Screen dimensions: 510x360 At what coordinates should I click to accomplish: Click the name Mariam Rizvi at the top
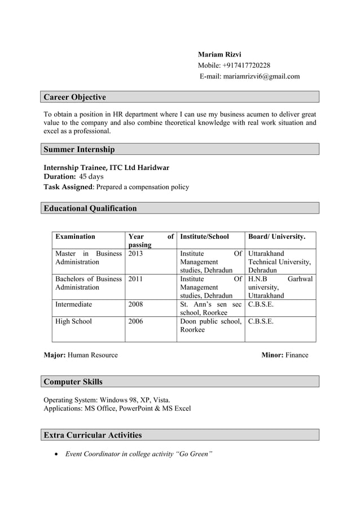(x=219, y=55)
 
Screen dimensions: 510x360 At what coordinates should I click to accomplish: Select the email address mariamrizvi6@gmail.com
(x=261, y=76)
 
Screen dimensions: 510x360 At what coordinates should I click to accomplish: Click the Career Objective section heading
(x=75, y=97)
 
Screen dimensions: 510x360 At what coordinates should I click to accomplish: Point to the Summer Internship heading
(x=80, y=149)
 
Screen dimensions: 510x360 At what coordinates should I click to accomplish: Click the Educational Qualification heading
(x=90, y=208)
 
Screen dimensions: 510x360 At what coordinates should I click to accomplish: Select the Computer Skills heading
(x=73, y=382)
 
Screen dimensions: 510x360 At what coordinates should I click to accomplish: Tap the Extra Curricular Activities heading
(x=93, y=435)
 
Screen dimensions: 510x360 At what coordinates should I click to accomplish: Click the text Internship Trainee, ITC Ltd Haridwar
(x=107, y=168)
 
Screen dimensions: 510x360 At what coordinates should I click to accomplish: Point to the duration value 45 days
(x=91, y=177)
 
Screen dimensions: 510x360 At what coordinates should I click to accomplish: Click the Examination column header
(x=75, y=237)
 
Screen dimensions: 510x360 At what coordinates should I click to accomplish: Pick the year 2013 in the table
(x=136, y=254)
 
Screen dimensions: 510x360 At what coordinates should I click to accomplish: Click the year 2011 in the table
(x=136, y=279)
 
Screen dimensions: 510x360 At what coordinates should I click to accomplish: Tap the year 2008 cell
(x=136, y=304)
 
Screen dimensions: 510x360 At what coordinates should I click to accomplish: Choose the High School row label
(x=73, y=321)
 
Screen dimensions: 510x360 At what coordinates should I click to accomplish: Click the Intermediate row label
(x=74, y=304)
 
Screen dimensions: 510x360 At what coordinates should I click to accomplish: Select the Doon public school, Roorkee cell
(x=210, y=326)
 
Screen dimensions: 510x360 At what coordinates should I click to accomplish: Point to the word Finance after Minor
(x=297, y=355)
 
